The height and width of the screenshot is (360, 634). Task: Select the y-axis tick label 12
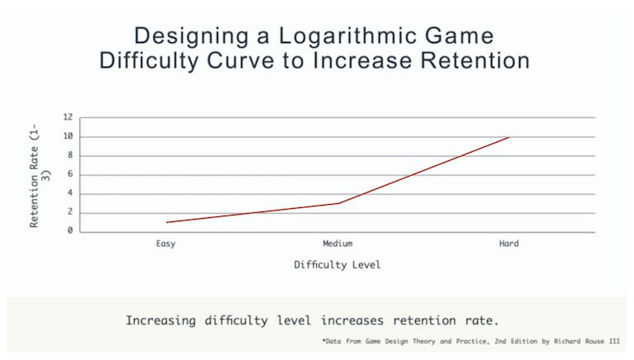(69, 117)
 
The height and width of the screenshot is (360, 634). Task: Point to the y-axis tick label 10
(69, 136)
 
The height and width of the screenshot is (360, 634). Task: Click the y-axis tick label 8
(72, 155)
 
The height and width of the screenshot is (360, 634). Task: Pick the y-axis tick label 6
(72, 174)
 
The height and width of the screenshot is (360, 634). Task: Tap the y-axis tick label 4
(72, 193)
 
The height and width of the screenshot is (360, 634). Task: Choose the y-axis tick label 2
(72, 212)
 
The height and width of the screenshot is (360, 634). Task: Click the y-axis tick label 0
(72, 230)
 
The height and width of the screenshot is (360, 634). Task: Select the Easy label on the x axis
(165, 244)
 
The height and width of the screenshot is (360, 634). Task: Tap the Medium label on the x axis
(338, 244)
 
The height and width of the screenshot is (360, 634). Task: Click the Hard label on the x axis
(509, 244)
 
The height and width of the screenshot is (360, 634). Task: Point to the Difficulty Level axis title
(338, 265)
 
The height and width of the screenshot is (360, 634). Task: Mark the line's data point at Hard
(509, 137)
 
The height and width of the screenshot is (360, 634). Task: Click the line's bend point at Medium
(338, 203)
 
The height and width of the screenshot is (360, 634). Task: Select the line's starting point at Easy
(166, 222)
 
